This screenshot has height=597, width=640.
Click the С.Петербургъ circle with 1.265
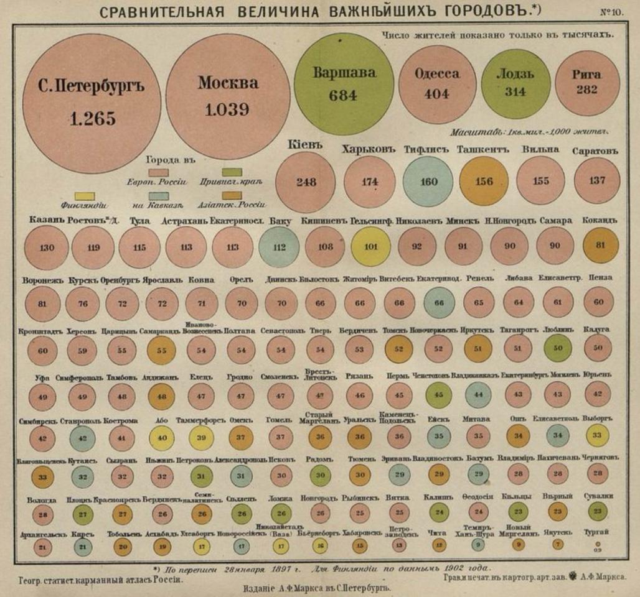pos(92,103)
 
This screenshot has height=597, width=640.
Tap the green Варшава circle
pos(344,85)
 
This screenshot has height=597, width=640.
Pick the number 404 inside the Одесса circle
pos(436,95)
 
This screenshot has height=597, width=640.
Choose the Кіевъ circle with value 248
pos(306,182)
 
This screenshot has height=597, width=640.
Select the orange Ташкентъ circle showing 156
pos(483,182)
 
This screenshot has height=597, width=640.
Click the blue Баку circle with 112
pos(280,247)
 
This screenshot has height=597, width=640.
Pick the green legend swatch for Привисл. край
pos(232,172)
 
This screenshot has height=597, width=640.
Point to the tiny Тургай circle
pos(598,543)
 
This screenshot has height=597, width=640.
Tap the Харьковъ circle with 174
pos(370,182)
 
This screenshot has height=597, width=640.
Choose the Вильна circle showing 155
pos(540,181)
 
